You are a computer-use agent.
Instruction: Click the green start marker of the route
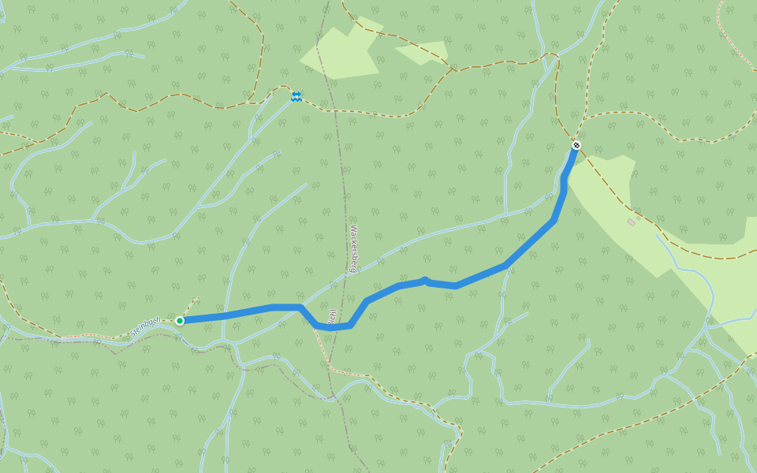pos(180,320)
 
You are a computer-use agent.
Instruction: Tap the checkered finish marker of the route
pos(576,145)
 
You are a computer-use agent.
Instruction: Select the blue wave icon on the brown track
pos(296,96)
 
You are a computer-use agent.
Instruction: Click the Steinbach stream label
pos(146,325)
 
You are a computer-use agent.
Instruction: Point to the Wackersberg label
pos(354,248)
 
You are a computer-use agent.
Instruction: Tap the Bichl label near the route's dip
pos(333,317)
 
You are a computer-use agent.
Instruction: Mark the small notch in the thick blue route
pos(425,279)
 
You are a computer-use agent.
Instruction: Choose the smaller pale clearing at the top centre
pos(424,52)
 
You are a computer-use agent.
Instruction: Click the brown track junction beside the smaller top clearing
pos(454,69)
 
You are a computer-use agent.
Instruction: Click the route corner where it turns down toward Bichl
pos(300,307)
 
